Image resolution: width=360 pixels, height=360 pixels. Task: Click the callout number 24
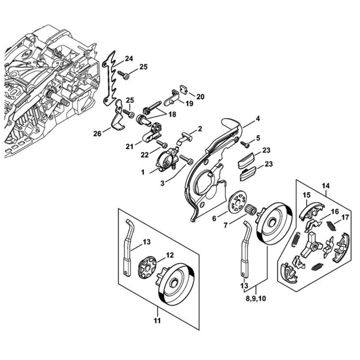coord(129,58)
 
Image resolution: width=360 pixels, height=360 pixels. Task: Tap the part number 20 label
coord(200,96)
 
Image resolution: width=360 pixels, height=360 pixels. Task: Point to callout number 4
coord(258,118)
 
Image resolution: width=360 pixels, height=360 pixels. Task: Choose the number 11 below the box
coord(157,320)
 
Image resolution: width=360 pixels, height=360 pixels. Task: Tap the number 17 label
coord(345,217)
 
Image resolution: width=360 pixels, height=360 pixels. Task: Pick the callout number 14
coord(325,186)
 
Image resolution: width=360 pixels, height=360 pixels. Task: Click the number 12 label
coord(170,255)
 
